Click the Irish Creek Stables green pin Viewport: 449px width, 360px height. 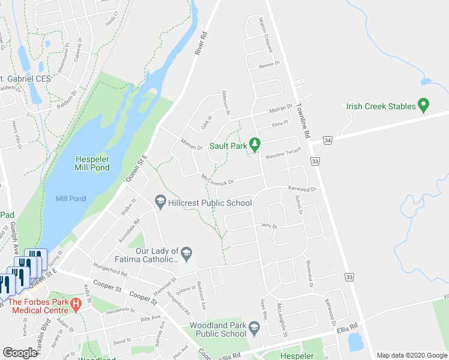pyautogui.click(x=424, y=106)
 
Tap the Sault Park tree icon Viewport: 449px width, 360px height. pyautogui.click(x=255, y=145)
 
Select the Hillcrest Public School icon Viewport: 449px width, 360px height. pyautogui.click(x=160, y=202)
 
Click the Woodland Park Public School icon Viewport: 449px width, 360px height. pyautogui.click(x=255, y=328)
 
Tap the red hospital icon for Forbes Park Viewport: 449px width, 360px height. pyautogui.click(x=76, y=304)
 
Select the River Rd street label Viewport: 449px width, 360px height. pyautogui.click(x=201, y=44)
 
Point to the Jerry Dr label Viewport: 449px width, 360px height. pyautogui.click(x=268, y=226)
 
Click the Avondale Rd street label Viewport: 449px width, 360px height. pyautogui.click(x=128, y=229)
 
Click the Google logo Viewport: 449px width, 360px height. pyautogui.click(x=20, y=353)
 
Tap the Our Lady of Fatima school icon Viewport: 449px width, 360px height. pyautogui.click(x=187, y=254)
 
